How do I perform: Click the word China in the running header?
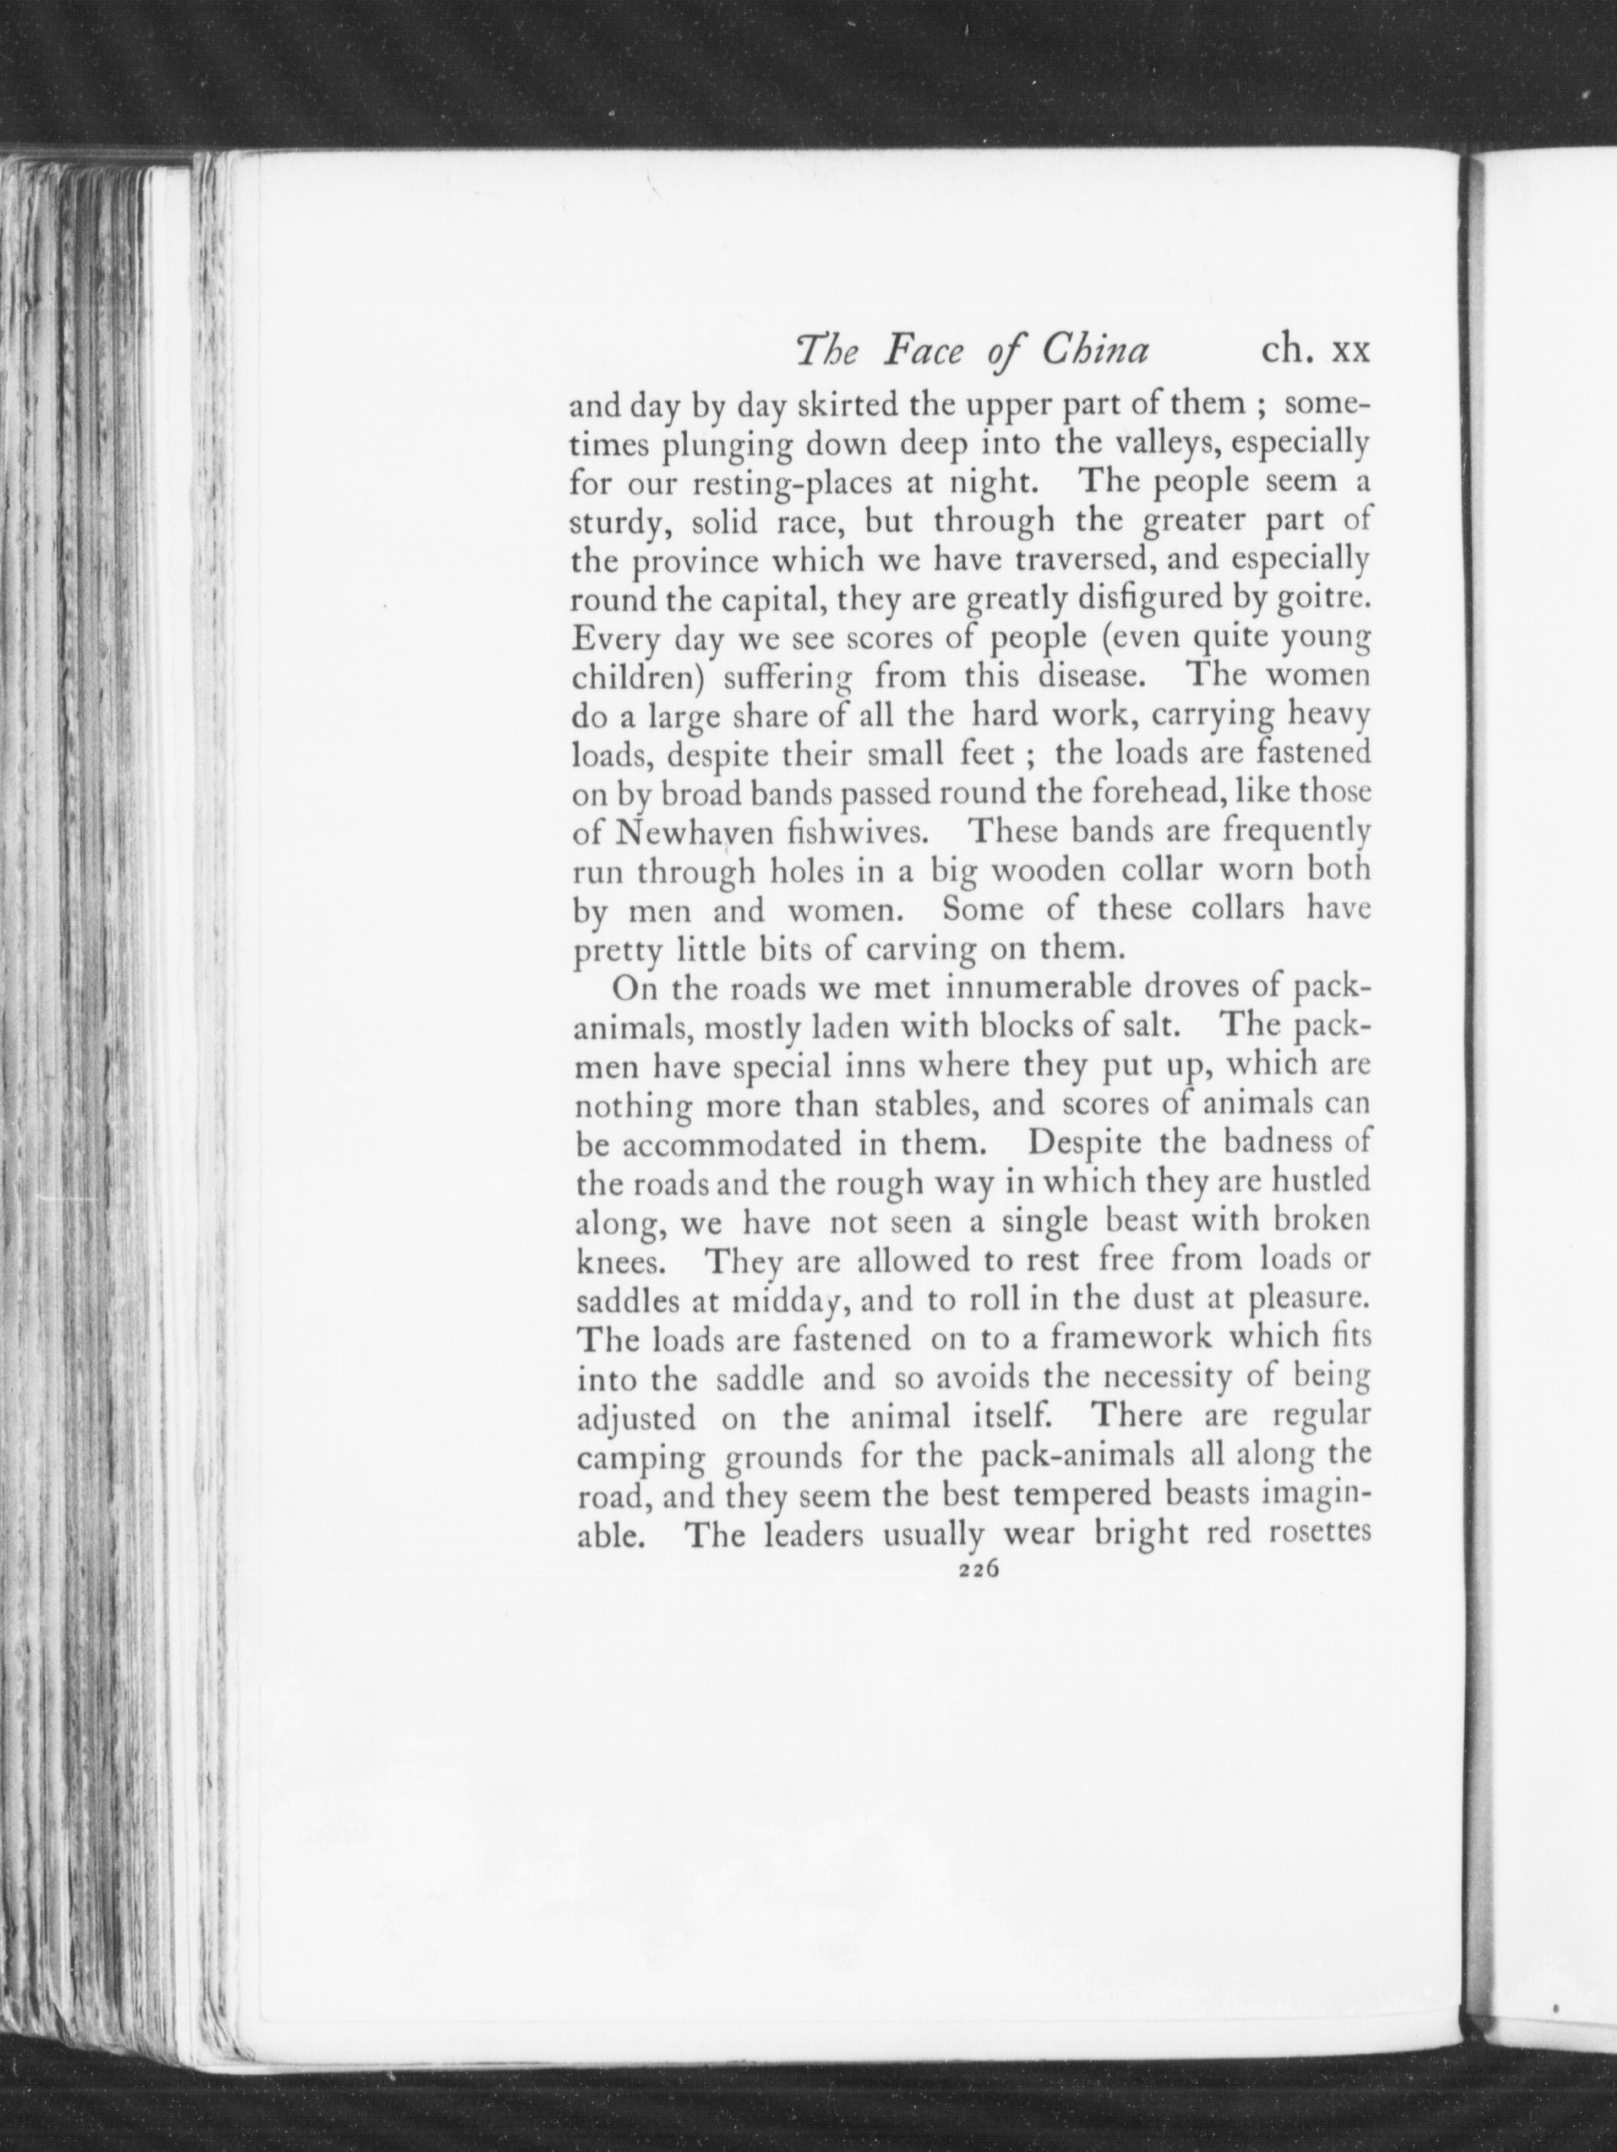coord(1094,350)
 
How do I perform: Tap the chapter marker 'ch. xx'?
coord(1315,350)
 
